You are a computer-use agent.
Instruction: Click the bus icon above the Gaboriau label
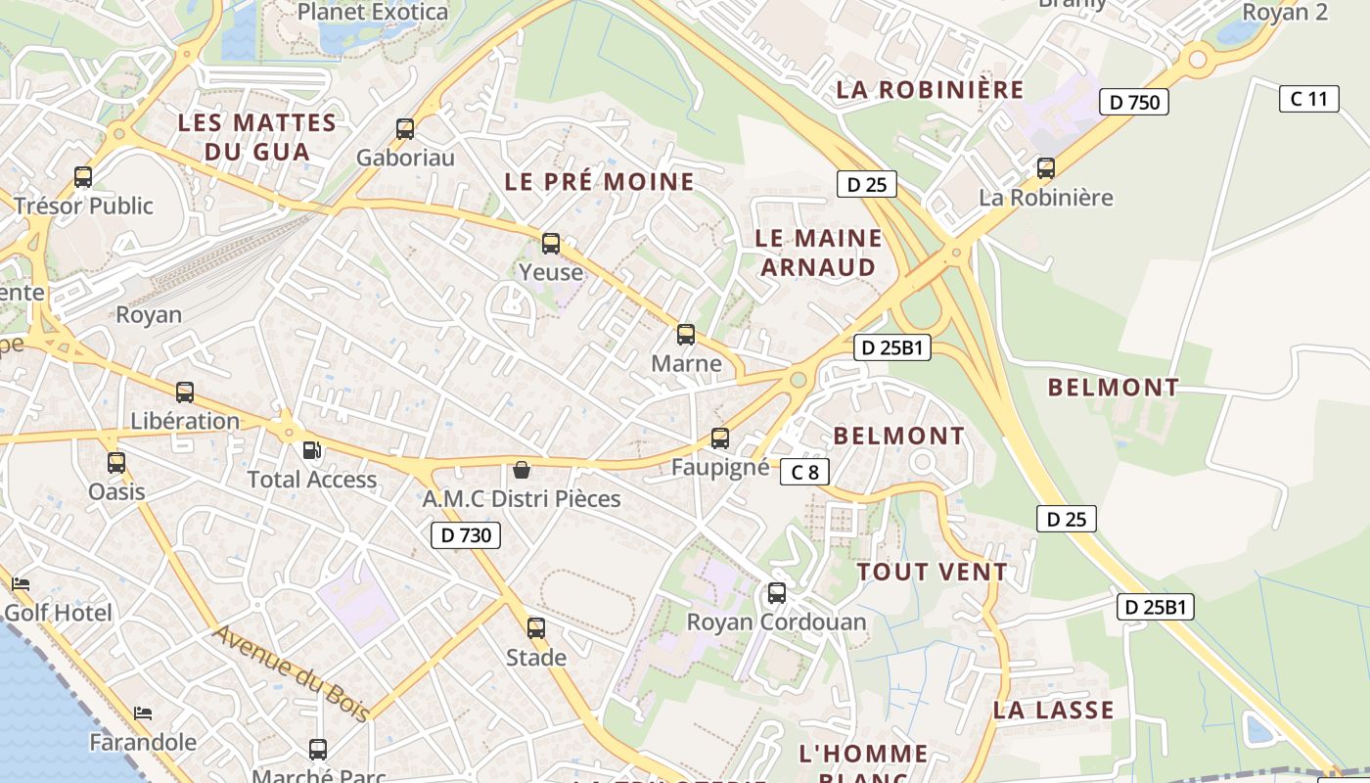click(405, 128)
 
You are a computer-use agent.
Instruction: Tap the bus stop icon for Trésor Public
click(83, 177)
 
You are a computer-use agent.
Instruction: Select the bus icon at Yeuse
click(551, 244)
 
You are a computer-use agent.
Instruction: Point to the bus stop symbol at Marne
click(686, 335)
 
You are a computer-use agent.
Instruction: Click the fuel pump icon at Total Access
click(311, 450)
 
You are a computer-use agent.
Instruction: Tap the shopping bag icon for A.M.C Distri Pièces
click(522, 470)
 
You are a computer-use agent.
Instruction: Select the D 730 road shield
click(466, 534)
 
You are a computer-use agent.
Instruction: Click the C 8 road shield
click(804, 473)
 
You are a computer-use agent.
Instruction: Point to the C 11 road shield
click(1308, 98)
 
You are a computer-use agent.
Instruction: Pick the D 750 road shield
click(1134, 102)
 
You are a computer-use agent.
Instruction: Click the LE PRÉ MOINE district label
click(599, 181)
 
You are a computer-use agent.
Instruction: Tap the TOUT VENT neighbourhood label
click(932, 572)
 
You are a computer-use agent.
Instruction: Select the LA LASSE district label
click(1053, 710)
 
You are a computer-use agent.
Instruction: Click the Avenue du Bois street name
click(292, 673)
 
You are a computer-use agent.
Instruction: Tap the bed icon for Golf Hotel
click(21, 584)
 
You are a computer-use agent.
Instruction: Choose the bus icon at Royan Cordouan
click(776, 592)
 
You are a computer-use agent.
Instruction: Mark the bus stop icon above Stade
click(536, 627)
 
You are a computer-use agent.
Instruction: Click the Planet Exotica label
click(373, 13)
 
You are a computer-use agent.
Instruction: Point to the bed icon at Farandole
click(143, 713)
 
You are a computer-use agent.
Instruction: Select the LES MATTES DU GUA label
click(257, 137)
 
